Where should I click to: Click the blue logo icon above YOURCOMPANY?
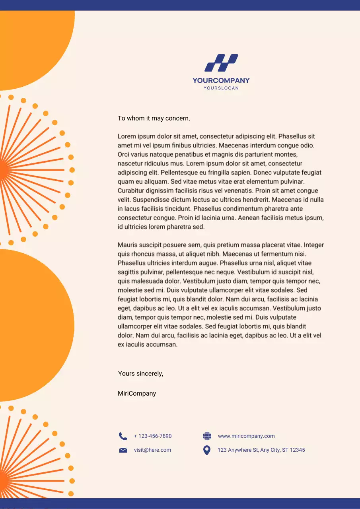[221, 63]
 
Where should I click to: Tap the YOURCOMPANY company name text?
[221, 80]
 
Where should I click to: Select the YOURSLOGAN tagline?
[221, 88]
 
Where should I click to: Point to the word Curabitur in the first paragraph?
[132, 190]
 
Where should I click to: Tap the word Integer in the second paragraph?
[314, 245]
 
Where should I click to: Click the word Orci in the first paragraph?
[124, 154]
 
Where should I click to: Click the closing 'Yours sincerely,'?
[140, 373]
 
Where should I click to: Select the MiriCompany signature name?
[137, 393]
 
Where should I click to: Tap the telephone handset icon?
[123, 436]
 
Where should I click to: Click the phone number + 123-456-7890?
[153, 436]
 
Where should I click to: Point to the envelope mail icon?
[123, 450]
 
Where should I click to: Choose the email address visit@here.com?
[152, 450]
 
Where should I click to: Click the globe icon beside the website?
[207, 436]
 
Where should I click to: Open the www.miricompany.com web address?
[246, 436]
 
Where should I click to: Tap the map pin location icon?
[206, 450]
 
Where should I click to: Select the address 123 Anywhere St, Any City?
[261, 450]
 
